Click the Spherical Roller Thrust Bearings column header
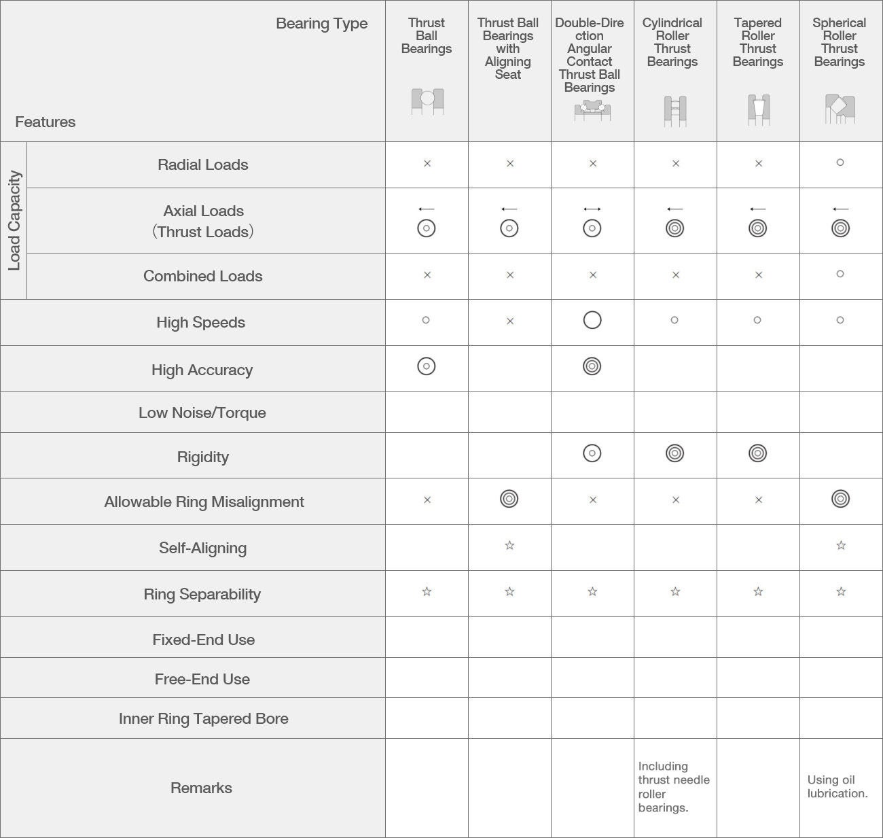pyautogui.click(x=839, y=42)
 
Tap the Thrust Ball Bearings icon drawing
pyautogui.click(x=427, y=101)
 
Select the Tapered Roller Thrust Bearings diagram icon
pyautogui.click(x=758, y=109)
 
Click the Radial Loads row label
pyautogui.click(x=202, y=164)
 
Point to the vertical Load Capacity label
pyautogui.click(x=14, y=220)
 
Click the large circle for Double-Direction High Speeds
pyautogui.click(x=592, y=320)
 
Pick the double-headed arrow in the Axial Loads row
pyautogui.click(x=592, y=209)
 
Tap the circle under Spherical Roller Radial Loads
pyautogui.click(x=840, y=162)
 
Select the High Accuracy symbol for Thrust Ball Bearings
pyautogui.click(x=427, y=366)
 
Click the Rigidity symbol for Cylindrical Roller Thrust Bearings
pyautogui.click(x=674, y=453)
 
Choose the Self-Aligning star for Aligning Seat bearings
pyautogui.click(x=509, y=545)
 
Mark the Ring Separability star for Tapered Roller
pyautogui.click(x=758, y=591)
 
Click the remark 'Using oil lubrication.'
pyautogui.click(x=837, y=786)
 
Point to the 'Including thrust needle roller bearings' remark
pyautogui.click(x=673, y=787)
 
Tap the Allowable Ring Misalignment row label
pyautogui.click(x=204, y=502)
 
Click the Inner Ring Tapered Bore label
pyautogui.click(x=203, y=718)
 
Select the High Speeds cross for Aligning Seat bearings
pyautogui.click(x=510, y=321)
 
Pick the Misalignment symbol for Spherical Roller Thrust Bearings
pyautogui.click(x=840, y=499)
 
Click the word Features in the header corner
pyautogui.click(x=46, y=122)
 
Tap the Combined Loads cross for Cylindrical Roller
pyautogui.click(x=676, y=275)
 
